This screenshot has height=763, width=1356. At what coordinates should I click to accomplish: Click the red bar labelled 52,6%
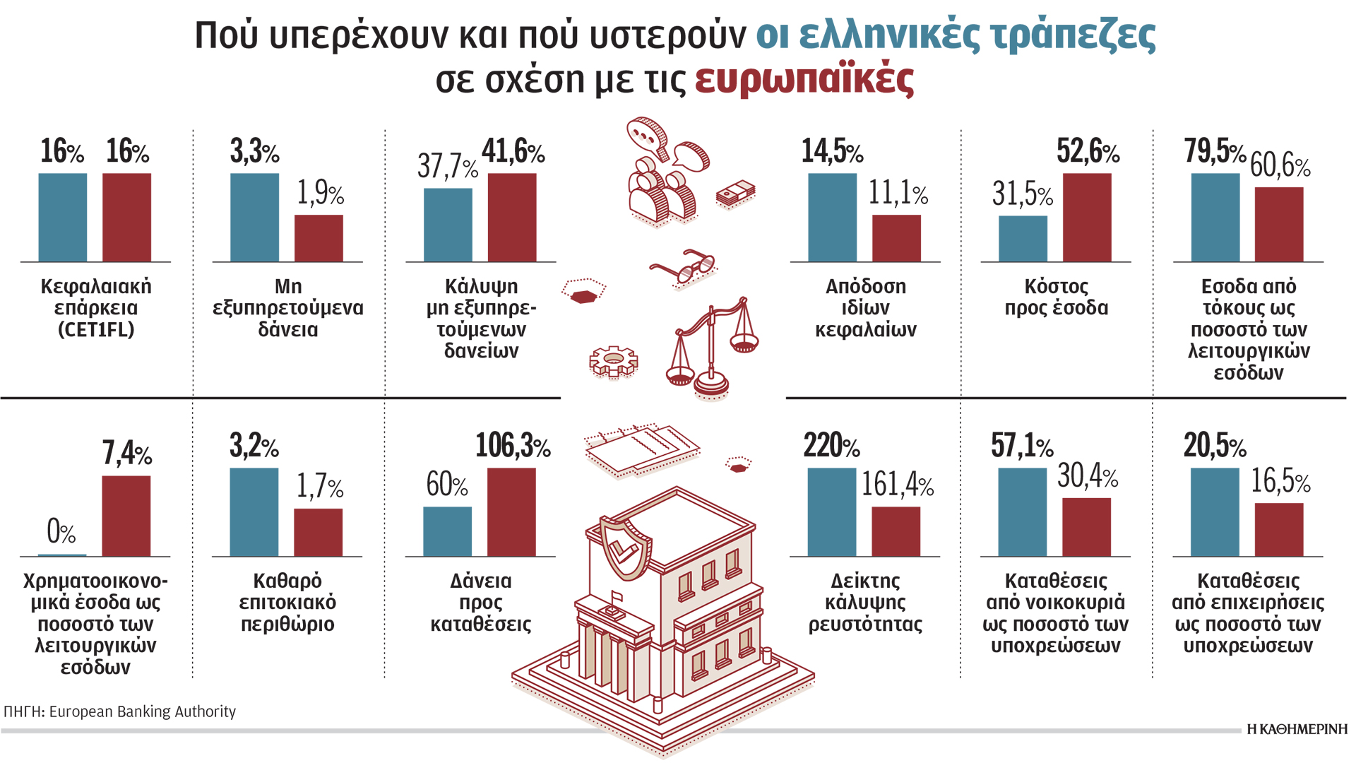[x=1087, y=218]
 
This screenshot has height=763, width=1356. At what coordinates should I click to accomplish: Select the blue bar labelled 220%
[x=832, y=512]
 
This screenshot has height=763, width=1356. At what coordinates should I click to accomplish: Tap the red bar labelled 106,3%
[x=511, y=512]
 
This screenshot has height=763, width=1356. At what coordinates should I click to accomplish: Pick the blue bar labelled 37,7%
[x=448, y=225]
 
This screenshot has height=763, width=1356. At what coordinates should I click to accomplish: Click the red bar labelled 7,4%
[x=126, y=516]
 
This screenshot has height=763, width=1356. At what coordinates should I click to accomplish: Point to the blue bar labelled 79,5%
[x=1215, y=218]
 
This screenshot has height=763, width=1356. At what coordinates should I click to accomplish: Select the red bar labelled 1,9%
[x=319, y=238]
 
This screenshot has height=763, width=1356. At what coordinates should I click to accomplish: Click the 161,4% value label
[x=897, y=485]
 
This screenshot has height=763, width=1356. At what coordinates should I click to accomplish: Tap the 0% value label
[x=61, y=531]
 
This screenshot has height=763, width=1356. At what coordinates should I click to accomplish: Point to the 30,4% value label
[x=1088, y=476]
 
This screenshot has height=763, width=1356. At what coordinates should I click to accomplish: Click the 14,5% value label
[x=832, y=151]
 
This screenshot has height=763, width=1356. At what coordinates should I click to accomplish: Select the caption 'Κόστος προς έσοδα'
[x=1057, y=297]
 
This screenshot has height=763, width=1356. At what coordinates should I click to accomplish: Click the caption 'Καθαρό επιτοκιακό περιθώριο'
[x=287, y=603]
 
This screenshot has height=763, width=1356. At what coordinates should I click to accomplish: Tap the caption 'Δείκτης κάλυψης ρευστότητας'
[x=865, y=603]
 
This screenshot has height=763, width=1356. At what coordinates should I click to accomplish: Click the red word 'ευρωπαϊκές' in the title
[x=804, y=79]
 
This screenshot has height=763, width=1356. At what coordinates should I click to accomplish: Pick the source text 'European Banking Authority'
[x=142, y=711]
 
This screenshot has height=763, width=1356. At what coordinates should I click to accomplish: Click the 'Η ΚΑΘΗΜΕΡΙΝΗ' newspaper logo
[x=1297, y=729]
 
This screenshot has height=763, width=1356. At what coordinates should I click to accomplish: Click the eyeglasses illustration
[x=683, y=268]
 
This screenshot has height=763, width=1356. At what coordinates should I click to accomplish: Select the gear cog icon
[x=613, y=361]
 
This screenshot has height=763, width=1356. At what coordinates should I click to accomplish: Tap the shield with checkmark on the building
[x=624, y=548]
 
